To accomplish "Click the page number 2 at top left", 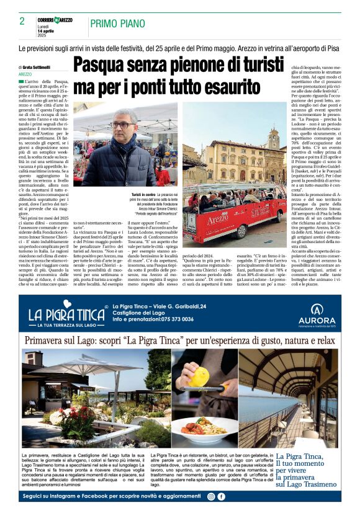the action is pyautogui.click(x=22, y=22).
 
